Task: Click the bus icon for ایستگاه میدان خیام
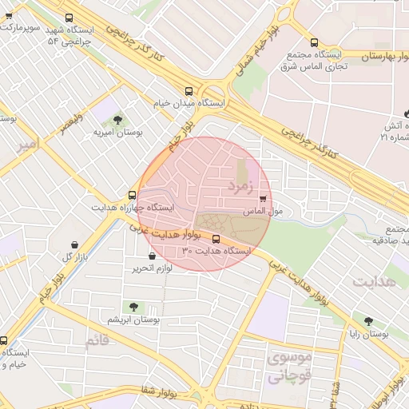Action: tap(189, 91)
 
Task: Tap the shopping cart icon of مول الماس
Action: tap(263, 199)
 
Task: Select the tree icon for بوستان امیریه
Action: tap(118, 119)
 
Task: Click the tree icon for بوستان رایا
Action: tap(368, 322)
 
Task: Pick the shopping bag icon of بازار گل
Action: tap(74, 244)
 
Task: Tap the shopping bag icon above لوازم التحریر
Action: tap(152, 256)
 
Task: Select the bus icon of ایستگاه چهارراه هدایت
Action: tap(133, 194)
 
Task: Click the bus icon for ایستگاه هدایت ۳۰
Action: tap(216, 238)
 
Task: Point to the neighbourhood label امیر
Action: tap(26, 145)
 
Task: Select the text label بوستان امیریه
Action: tap(117, 132)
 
